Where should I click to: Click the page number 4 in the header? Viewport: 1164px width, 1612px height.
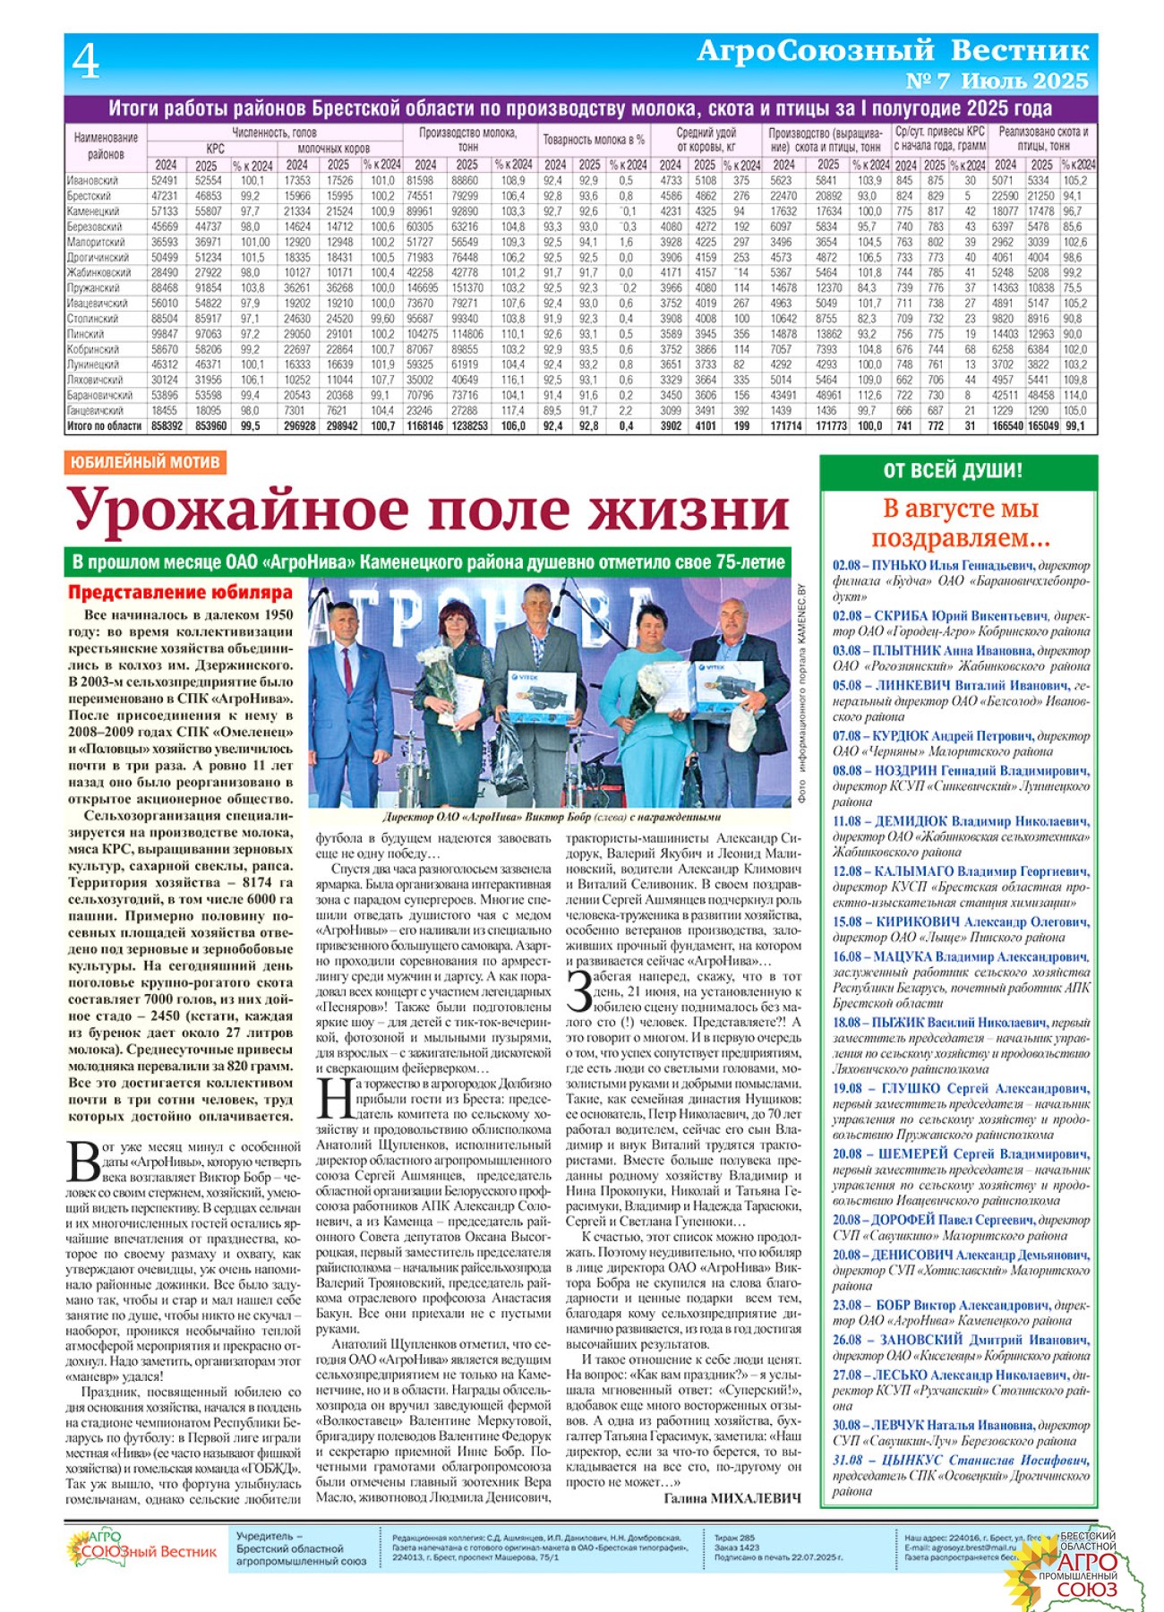pyautogui.click(x=86, y=62)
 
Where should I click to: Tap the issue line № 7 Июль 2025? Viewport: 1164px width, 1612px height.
pyautogui.click(x=997, y=81)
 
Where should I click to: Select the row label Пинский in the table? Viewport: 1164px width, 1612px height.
pyautogui.click(x=88, y=334)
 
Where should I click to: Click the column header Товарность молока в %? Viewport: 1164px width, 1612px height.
pyautogui.click(x=593, y=140)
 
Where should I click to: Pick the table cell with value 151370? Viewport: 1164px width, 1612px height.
pyautogui.click(x=467, y=288)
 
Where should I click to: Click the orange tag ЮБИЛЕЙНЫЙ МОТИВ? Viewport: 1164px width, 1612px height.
pyautogui.click(x=143, y=462)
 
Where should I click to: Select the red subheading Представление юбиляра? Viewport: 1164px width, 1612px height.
pyautogui.click(x=180, y=593)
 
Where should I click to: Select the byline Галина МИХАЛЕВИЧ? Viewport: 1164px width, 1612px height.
pyautogui.click(x=732, y=1497)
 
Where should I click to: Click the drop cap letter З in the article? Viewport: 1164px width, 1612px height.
pyautogui.click(x=579, y=989)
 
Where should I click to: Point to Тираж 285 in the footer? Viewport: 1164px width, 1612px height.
pyautogui.click(x=734, y=1538)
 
